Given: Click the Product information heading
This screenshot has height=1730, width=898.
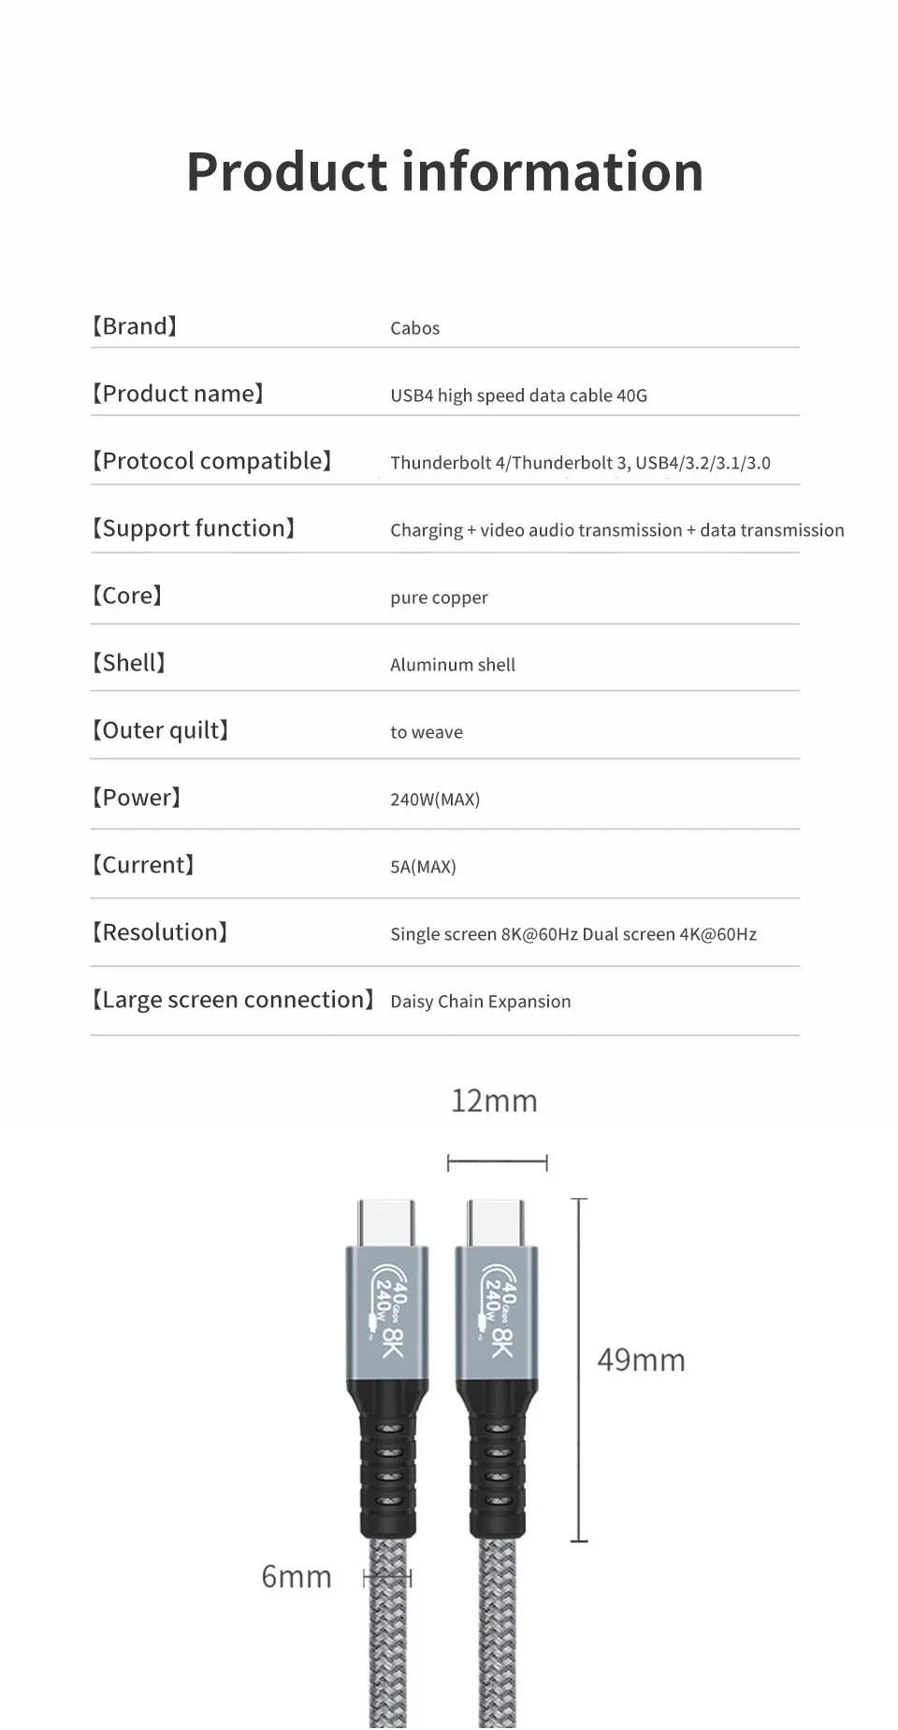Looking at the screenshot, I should (x=444, y=172).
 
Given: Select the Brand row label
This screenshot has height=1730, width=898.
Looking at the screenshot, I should (x=135, y=326).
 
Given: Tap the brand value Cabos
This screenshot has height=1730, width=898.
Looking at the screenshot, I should (x=414, y=328).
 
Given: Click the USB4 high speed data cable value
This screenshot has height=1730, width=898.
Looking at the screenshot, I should (x=518, y=396).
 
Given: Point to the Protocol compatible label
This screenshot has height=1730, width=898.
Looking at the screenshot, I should (x=211, y=461).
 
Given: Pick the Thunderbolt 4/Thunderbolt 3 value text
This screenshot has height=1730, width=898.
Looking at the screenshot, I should (x=580, y=463).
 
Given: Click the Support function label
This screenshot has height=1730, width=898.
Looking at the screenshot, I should (x=194, y=528).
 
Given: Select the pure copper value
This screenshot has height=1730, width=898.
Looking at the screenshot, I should (x=439, y=598).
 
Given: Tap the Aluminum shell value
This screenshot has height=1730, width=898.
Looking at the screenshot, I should (x=453, y=665).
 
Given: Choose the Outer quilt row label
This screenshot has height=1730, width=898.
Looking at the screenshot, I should (x=161, y=730).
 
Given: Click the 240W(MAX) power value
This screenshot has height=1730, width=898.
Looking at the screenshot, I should (x=435, y=800).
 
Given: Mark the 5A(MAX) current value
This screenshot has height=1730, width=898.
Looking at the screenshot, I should (x=423, y=867).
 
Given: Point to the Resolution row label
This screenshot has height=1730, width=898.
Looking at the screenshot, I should (x=160, y=932).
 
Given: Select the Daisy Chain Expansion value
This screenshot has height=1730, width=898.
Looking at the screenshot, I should (x=480, y=1002).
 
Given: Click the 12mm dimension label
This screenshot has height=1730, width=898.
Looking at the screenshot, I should (x=494, y=1102).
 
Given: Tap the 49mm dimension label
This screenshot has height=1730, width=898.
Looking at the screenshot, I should (x=641, y=1360).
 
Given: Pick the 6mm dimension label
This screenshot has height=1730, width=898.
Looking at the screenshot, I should (x=297, y=1577).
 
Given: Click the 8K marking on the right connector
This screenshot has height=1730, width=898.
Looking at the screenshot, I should (x=502, y=1343).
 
